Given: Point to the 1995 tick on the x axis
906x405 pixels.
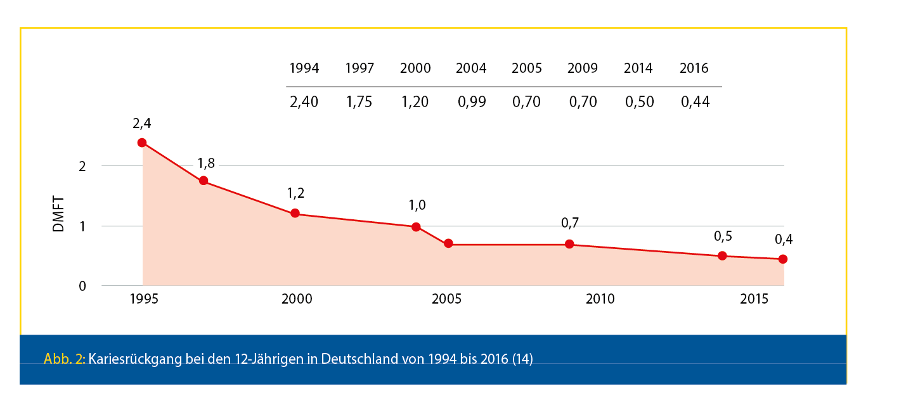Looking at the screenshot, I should [x=143, y=299].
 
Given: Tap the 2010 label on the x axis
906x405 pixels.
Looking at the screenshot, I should [x=600, y=299].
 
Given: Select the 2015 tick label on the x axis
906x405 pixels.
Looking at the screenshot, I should [x=755, y=299].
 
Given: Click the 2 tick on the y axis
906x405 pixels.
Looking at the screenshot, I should [x=82, y=166].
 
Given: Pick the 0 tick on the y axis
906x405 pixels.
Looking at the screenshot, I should [x=82, y=286].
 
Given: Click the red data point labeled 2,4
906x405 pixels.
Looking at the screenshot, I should [x=142, y=143].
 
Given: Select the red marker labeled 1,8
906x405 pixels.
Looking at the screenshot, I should [x=204, y=181].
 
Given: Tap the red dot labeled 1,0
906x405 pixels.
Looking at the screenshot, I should [x=416, y=227].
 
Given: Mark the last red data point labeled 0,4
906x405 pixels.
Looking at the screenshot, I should [x=783, y=259].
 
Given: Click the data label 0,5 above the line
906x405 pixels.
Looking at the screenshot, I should [x=723, y=236].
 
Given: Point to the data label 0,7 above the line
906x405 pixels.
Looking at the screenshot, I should [x=570, y=223].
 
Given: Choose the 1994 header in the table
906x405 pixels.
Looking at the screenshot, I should [x=304, y=68].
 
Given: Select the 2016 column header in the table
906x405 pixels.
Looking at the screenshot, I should [x=694, y=68].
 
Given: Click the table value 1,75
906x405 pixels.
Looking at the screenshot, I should [x=360, y=102].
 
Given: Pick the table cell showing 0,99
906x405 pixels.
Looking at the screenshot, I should [x=471, y=102].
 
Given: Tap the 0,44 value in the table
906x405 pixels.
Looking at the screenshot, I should [x=694, y=102].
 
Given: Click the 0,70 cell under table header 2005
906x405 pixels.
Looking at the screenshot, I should [x=527, y=102].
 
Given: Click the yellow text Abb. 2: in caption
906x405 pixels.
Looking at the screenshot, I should [x=65, y=359].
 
